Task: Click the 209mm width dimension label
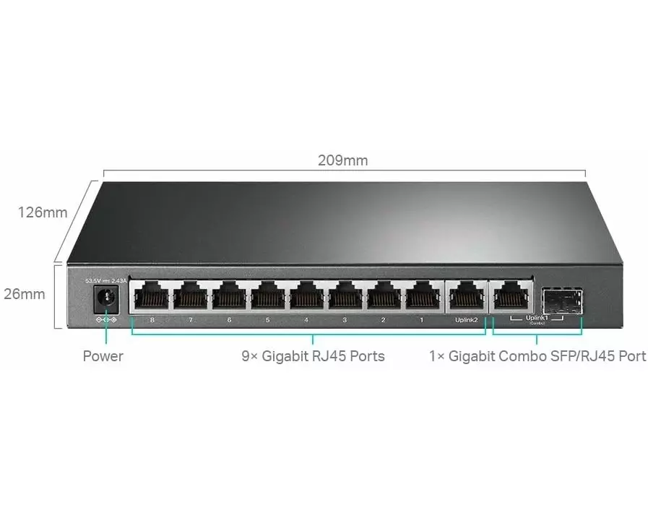342,160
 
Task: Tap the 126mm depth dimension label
43,212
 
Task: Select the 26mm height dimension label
24,294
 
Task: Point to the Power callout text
103,355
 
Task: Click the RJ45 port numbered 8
152,295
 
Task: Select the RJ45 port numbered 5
268,295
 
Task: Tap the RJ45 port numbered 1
422,295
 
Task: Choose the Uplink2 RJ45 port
467,295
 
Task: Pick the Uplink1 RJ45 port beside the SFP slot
511,295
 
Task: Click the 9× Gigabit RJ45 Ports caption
313,355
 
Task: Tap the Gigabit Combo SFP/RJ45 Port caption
537,355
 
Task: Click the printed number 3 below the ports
345,319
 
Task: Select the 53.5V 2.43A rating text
106,280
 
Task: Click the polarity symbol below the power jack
106,319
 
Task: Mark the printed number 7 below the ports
190,319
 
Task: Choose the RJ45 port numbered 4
306,295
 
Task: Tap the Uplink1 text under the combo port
536,318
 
